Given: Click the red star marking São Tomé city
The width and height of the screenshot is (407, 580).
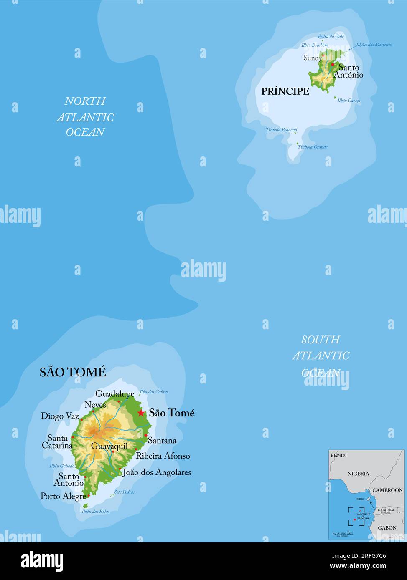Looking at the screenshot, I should (141, 413).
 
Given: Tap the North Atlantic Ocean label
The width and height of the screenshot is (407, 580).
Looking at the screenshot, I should (85, 117).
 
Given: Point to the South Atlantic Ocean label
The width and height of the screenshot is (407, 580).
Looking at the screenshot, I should (321, 356).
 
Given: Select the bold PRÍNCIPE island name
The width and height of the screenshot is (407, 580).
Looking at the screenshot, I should (285, 91).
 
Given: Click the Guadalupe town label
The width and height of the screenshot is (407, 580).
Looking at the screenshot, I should (115, 393).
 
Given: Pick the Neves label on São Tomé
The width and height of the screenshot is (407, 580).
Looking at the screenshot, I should (95, 405).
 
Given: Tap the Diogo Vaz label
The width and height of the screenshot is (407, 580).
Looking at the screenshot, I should (60, 416).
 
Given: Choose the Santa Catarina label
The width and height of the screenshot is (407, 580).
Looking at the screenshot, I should (57, 442).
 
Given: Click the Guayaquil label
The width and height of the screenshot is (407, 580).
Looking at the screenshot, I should (109, 446).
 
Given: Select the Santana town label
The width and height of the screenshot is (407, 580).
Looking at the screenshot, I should (162, 441).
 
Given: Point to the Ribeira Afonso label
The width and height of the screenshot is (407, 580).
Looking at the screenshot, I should (163, 456).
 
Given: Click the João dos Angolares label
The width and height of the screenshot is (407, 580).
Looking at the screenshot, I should (157, 472).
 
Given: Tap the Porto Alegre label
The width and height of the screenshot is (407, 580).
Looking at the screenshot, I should (63, 496).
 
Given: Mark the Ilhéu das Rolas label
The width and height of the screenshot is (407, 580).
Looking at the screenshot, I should (96, 512).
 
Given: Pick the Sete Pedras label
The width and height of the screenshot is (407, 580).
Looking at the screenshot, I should (125, 492).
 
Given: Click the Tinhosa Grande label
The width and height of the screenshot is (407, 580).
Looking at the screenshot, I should (313, 147).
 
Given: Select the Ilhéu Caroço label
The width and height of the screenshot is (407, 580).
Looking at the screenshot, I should (349, 101).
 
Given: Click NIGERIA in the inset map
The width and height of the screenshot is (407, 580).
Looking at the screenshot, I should (359, 474).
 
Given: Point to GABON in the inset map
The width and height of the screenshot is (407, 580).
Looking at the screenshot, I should (387, 528).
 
